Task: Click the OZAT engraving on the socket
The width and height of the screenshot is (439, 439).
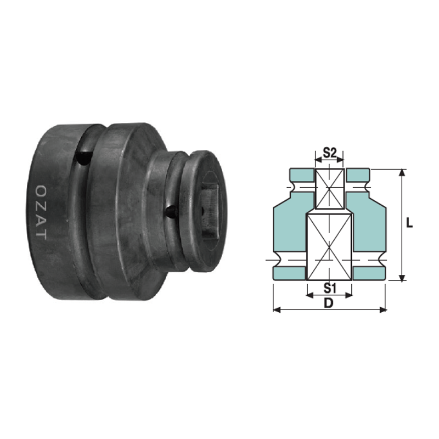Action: pos(41,212)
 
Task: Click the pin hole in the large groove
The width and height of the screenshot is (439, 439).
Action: pos(83,158)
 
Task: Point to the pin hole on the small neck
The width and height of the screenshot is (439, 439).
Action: pos(171,212)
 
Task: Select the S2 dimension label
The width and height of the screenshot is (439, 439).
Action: pos(329,153)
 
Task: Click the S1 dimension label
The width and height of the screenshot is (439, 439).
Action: pos(330,288)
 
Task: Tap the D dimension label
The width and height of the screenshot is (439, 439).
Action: pos(329,303)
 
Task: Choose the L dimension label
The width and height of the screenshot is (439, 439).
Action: pos(409,223)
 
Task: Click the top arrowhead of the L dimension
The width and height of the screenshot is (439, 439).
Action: pos(402,172)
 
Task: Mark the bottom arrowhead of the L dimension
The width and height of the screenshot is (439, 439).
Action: pos(402,278)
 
